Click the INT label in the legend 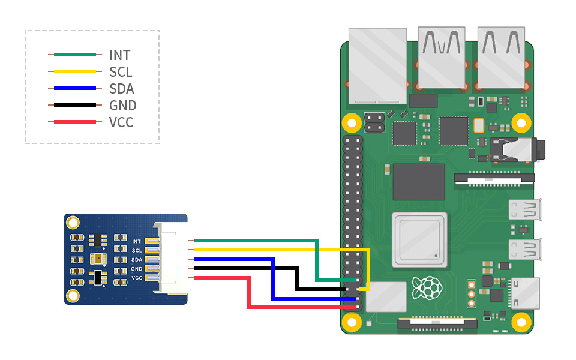tap(119, 55)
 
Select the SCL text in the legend tap(121, 72)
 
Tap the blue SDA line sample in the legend tap(75, 88)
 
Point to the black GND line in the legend tap(75, 105)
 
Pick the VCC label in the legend tap(121, 122)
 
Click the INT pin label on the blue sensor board tap(136, 241)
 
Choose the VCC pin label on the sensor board tap(137, 278)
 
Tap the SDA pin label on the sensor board tap(137, 260)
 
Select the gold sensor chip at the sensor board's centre tap(98, 259)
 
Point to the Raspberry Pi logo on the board tap(427, 287)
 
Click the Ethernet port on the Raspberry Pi tap(377, 66)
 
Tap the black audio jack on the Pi tap(518, 149)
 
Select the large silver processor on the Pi tap(419, 239)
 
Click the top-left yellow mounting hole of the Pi tap(352, 123)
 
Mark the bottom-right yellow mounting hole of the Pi tap(521, 323)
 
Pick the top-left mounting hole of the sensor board tap(73, 223)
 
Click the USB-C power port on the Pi tap(524, 293)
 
